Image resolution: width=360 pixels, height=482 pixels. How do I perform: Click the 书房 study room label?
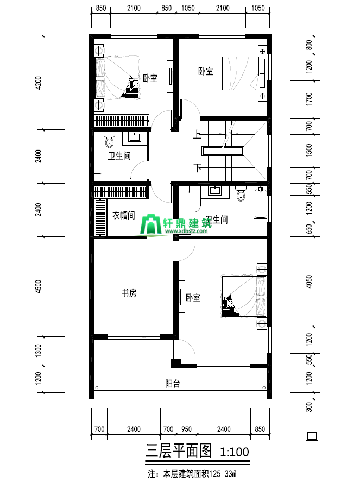point(129,293)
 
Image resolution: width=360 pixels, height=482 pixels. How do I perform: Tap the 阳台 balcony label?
point(173,383)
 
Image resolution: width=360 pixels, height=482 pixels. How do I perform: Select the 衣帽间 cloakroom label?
point(123,215)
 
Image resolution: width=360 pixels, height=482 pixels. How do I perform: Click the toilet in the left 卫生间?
point(109,140)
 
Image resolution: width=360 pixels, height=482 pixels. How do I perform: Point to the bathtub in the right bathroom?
point(260,203)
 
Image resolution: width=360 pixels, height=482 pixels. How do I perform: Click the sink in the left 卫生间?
point(135,137)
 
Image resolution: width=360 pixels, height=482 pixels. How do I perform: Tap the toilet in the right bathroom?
point(241,193)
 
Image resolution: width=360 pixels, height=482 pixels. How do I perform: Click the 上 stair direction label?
point(197,134)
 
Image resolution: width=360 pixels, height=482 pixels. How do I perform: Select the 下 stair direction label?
point(198,168)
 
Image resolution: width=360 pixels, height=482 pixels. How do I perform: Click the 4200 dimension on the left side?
point(39,83)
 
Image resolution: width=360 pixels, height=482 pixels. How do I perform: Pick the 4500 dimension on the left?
point(39,286)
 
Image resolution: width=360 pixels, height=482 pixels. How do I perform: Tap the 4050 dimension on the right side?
point(309,281)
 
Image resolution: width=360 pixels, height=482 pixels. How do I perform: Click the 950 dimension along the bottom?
point(186,429)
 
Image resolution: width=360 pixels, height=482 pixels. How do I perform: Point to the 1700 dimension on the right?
point(309,99)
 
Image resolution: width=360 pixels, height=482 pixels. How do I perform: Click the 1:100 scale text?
point(235,452)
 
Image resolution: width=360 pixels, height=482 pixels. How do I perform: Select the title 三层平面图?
point(179,450)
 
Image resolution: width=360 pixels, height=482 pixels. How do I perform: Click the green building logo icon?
point(150,225)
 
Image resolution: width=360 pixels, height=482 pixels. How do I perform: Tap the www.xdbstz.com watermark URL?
point(186,231)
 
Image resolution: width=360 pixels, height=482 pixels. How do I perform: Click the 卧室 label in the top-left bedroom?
point(150,78)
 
